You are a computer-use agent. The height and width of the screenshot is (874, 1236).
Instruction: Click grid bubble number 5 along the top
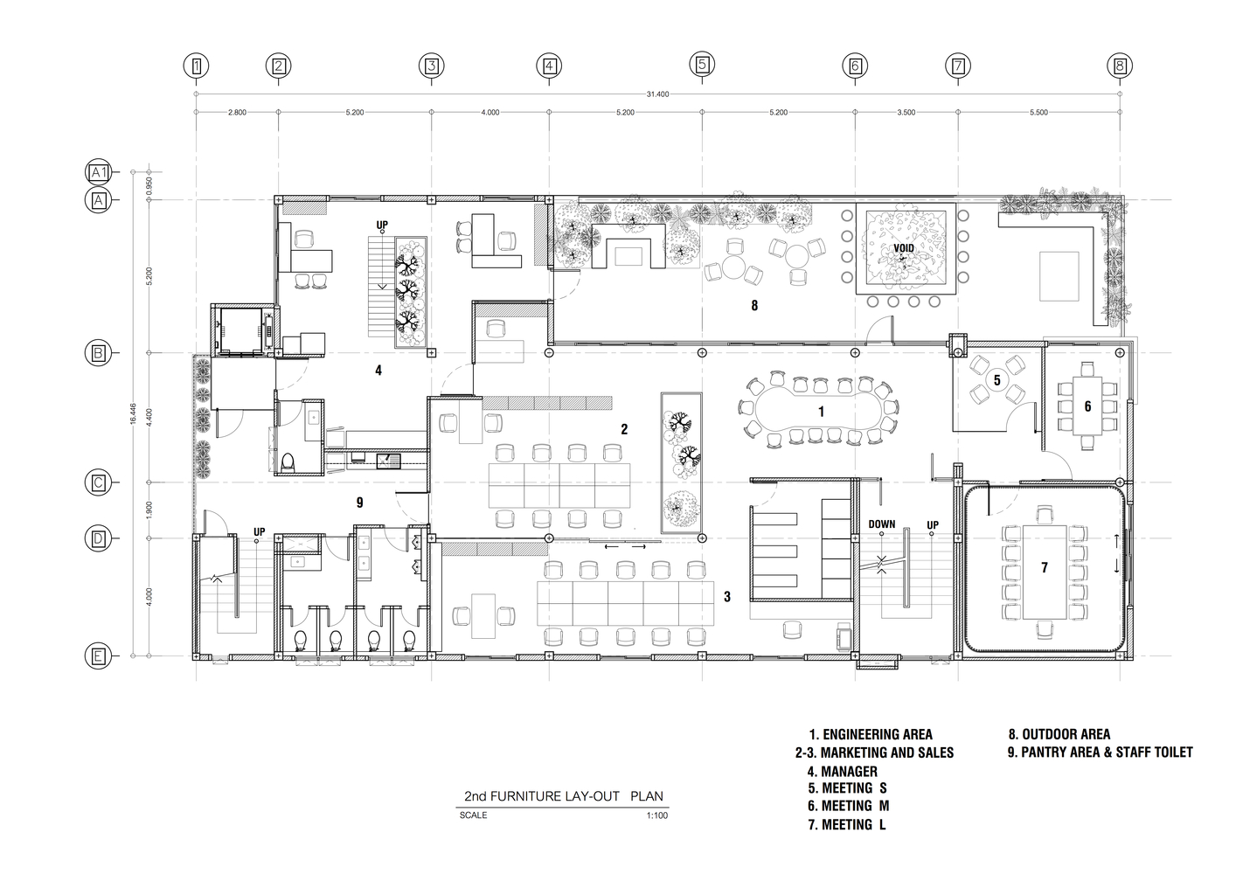coord(702,65)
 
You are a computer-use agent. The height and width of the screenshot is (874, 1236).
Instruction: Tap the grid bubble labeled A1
coord(98,172)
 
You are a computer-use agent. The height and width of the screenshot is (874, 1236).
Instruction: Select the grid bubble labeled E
coord(98,656)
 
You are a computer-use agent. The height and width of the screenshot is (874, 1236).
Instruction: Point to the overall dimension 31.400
coord(657,94)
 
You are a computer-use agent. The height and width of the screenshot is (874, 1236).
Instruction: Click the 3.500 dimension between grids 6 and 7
coord(906,113)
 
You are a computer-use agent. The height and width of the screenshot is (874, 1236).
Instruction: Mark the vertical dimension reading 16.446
coord(133,413)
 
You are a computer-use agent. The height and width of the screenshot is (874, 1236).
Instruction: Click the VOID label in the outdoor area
coord(904,248)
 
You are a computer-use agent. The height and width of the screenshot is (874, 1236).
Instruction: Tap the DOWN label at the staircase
coord(882,524)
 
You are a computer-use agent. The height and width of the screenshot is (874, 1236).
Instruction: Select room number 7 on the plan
coord(1044,567)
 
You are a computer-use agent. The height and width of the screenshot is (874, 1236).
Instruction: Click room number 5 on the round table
coord(997,380)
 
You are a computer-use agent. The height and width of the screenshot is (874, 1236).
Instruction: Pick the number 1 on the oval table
coord(821,412)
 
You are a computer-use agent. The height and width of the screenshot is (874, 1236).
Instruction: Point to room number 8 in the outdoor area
coord(754,305)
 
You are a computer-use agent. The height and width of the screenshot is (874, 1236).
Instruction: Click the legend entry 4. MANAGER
coord(842,772)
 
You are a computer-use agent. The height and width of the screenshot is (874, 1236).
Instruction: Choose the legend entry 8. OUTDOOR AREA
coord(1059,734)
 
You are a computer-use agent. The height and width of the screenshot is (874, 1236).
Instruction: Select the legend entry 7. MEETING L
coord(847,825)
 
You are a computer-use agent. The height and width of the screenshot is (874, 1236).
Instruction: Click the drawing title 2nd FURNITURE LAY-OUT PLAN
coord(564,796)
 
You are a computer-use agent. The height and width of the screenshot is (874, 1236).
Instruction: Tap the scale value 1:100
coord(657,815)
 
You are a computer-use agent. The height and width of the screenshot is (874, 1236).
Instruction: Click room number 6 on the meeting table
coord(1087,406)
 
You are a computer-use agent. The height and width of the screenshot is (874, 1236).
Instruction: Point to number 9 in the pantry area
coord(360,503)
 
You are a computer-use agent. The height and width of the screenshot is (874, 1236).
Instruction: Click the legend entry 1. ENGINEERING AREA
coord(871,734)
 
